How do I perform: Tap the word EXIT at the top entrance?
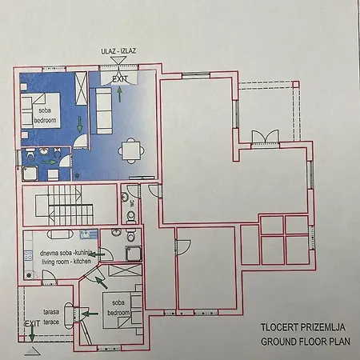pyautogui.click(x=120, y=79)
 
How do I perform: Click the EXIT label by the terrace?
pyautogui.click(x=31, y=322)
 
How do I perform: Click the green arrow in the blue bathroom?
pyautogui.click(x=50, y=162)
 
